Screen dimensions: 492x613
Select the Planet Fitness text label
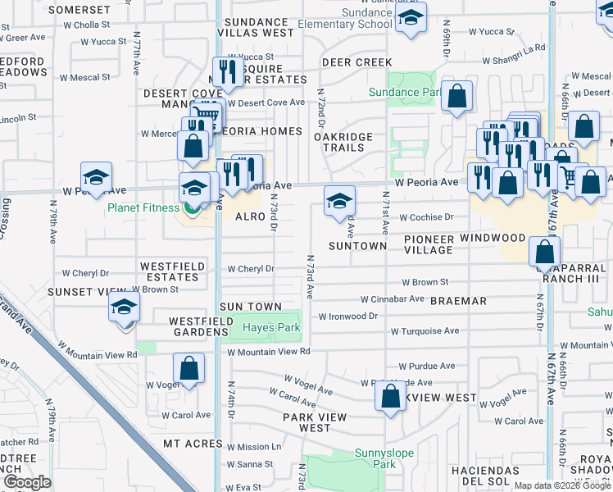pos(143,207)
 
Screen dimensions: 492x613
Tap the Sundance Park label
pos(404,93)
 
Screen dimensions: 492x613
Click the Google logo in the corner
pos(27,482)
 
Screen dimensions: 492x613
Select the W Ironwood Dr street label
pos(347,316)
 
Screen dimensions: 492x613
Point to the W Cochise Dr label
pos(426,217)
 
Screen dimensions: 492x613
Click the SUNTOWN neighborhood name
pos(357,246)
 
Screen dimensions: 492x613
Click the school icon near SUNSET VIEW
pos(124,308)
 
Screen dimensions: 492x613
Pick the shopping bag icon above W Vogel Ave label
pos(189,369)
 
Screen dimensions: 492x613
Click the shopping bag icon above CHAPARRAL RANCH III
pos(544,253)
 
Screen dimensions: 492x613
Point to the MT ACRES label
pos(188,443)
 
